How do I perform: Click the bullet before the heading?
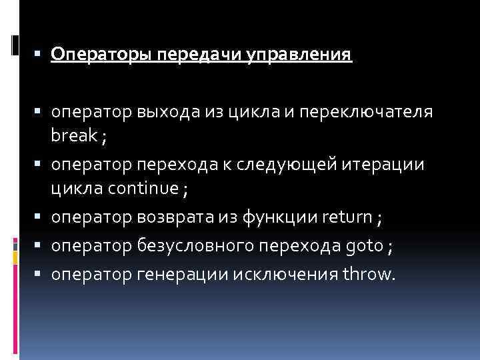point(42,53)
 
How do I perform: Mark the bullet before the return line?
point(42,217)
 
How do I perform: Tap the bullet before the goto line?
point(42,245)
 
